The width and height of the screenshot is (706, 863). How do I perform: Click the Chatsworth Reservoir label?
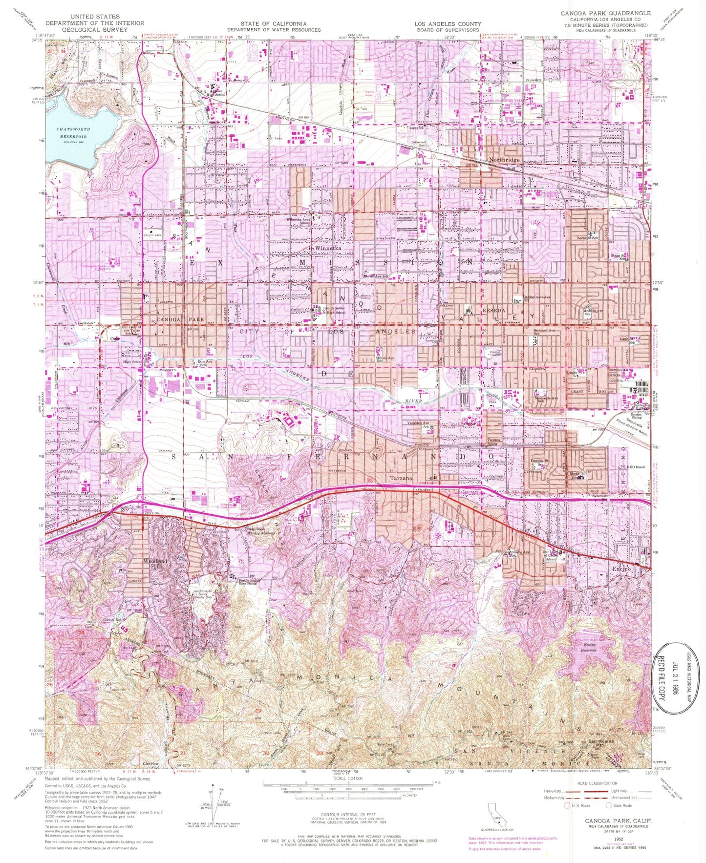coord(74,133)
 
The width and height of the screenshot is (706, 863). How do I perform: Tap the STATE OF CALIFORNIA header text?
coord(273,23)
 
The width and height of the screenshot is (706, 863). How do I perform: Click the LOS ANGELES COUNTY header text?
coord(448,23)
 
